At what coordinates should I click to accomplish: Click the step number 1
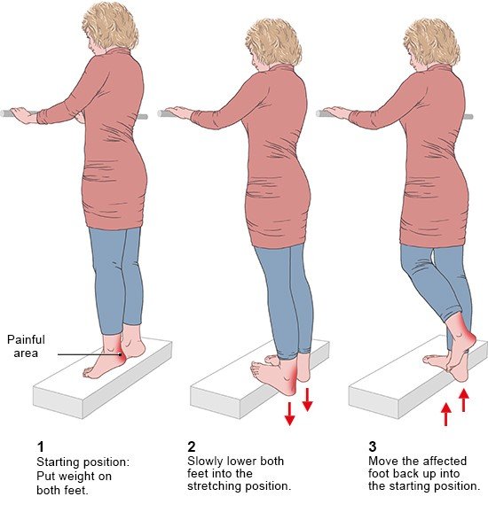[x=41, y=446]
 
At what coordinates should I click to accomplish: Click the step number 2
[x=192, y=446]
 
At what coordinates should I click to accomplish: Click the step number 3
[x=373, y=446]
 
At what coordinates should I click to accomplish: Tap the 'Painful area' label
[x=26, y=346]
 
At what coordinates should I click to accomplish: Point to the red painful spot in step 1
[x=121, y=355]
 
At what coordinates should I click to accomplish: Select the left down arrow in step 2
[x=289, y=414]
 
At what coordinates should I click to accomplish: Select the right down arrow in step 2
[x=307, y=400]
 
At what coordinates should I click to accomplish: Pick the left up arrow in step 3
[x=445, y=414]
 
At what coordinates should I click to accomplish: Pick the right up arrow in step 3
[x=464, y=400]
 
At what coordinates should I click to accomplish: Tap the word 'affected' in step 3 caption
[x=444, y=462]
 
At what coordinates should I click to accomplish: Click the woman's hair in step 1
[x=111, y=25]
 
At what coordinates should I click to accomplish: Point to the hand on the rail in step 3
[x=337, y=113]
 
